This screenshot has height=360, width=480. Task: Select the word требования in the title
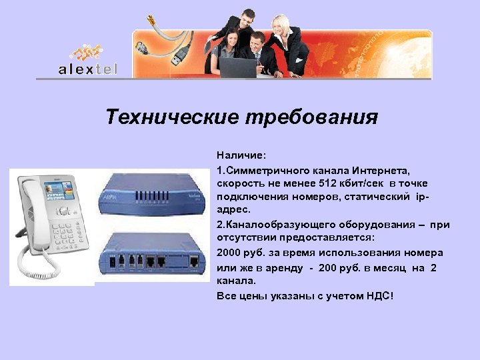[311, 118]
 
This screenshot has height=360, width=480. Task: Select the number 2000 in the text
[229, 252]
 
